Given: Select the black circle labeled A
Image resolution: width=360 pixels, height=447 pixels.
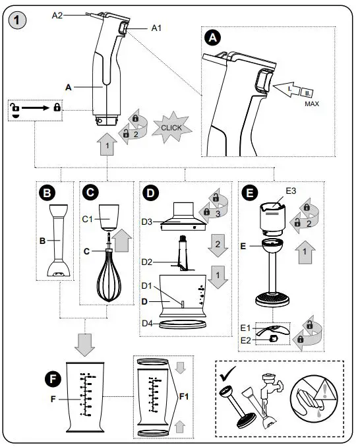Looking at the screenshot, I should [212, 39].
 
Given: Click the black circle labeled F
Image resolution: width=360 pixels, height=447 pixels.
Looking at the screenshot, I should [50, 378].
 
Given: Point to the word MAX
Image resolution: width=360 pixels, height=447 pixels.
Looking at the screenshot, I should [313, 104].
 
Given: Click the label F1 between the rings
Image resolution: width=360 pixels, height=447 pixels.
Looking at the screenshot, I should [185, 397].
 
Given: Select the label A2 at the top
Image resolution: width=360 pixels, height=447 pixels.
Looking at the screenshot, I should [58, 15].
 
